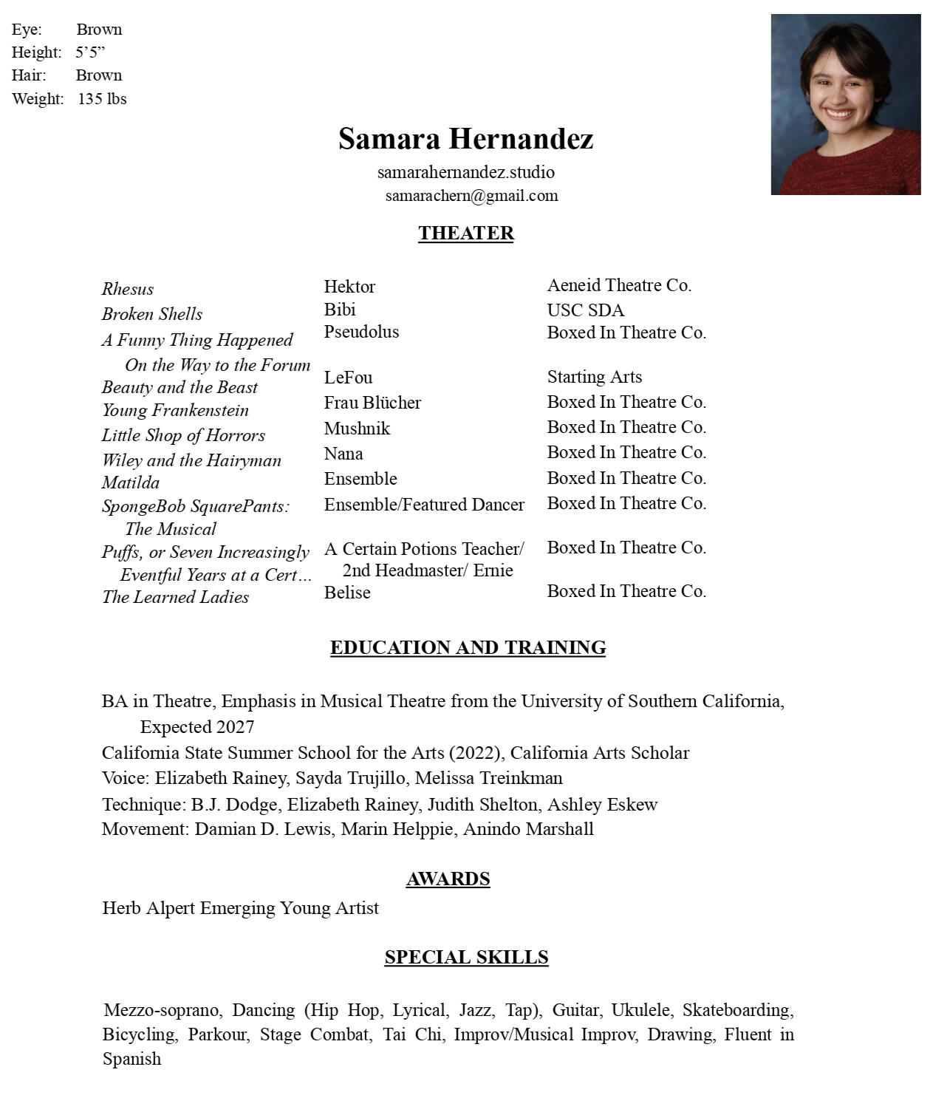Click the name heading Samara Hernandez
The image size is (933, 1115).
point(465,139)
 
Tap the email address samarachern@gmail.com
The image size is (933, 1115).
point(471,196)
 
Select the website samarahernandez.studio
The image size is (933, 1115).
point(465,172)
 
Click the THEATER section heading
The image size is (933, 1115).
point(465,233)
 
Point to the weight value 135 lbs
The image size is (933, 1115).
point(102,99)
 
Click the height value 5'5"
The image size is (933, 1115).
point(90,52)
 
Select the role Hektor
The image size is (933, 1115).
point(349,287)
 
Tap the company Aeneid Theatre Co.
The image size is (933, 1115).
point(619,285)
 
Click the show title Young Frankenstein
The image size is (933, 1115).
point(175,410)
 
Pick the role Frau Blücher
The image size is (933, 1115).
point(372,403)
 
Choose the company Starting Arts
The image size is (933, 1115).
point(594,377)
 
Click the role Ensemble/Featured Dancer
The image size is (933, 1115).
point(424,505)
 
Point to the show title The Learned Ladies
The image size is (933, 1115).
point(175,597)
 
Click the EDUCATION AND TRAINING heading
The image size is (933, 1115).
point(468,647)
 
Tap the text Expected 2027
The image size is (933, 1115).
point(197,727)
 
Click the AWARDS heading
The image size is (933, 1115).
point(448,879)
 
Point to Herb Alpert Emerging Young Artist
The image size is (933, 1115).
point(240,908)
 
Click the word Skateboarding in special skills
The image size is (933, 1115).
point(737,1010)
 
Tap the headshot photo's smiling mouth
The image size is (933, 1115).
point(840,114)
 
